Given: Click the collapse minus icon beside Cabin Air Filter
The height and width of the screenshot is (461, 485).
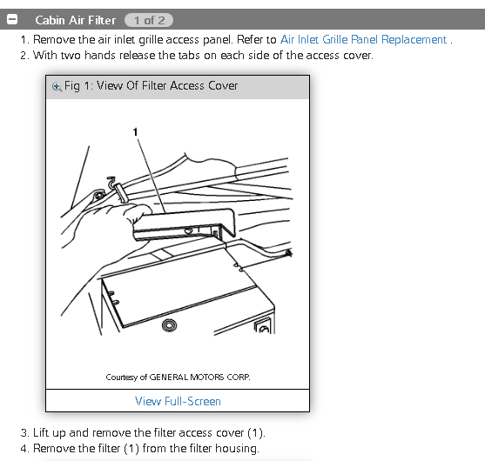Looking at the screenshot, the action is [12, 19].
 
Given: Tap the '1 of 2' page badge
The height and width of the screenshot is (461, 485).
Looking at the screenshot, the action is [149, 20].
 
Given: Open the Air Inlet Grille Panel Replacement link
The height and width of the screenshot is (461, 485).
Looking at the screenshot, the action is [363, 40].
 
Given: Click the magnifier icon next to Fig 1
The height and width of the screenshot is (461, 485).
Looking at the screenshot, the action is [57, 87].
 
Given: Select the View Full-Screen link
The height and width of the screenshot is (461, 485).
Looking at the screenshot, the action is [178, 401].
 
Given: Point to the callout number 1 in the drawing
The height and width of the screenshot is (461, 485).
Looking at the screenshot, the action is [135, 132].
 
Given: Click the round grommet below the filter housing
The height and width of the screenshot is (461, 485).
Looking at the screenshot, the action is [169, 325].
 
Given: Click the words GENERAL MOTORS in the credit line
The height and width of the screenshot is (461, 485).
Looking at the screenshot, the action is [186, 377].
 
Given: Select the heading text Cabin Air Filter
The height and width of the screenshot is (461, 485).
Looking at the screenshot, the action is [76, 20].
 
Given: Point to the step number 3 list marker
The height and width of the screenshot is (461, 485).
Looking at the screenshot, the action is [24, 433].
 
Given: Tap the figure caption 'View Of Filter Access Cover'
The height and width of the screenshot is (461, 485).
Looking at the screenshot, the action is [167, 85].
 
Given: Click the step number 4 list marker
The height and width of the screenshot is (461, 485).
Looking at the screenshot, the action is [24, 449].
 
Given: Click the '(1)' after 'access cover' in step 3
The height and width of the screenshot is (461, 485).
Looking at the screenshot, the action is [255, 433].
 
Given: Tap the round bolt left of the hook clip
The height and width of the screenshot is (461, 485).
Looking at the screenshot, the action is [99, 196].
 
